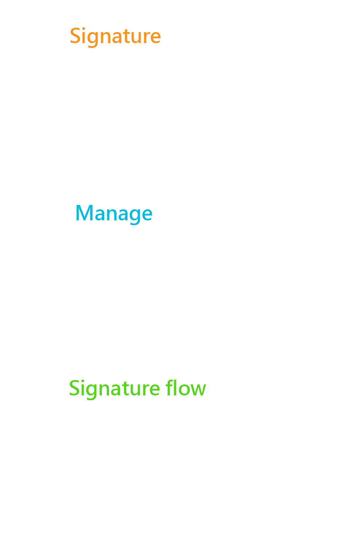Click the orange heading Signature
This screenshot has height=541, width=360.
tap(115, 37)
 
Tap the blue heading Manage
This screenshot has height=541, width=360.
tap(114, 214)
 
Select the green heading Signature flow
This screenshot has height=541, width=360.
tap(137, 389)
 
